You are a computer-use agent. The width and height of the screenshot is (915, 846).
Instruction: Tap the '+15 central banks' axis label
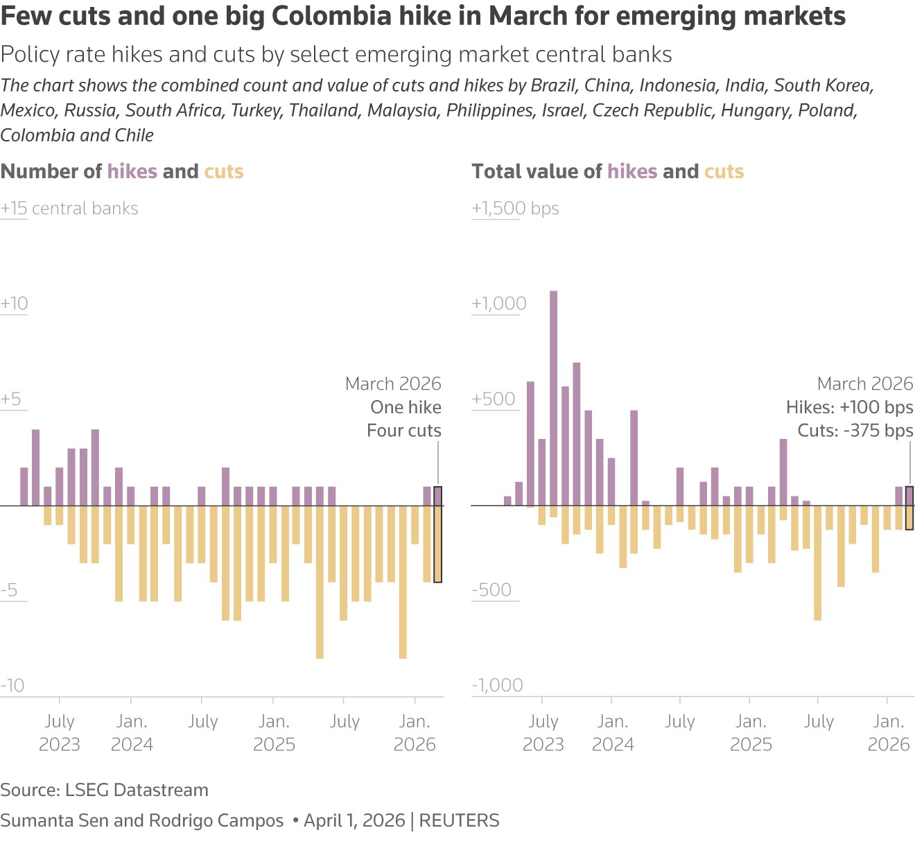tap(69, 209)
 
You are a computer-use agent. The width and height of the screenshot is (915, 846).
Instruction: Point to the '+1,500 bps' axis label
tap(515, 209)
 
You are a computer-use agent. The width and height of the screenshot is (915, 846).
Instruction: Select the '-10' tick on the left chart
tap(12, 685)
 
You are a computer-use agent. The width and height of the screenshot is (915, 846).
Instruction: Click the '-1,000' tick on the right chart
tap(497, 685)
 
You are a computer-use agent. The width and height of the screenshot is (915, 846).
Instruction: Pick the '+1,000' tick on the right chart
tap(499, 304)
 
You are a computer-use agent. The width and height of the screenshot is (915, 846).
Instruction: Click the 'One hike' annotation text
tap(406, 407)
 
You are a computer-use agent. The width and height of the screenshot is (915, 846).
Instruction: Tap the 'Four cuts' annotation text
tap(403, 431)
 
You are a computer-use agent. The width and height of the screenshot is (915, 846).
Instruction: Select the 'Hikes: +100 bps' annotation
tap(849, 407)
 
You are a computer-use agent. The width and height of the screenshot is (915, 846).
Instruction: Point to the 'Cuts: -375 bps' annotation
tap(855, 431)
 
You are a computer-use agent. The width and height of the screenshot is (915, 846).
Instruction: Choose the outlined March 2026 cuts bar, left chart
tap(437, 544)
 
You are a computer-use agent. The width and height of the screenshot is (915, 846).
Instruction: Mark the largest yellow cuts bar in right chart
tap(818, 562)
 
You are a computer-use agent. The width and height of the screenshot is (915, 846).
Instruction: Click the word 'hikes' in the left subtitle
tap(132, 171)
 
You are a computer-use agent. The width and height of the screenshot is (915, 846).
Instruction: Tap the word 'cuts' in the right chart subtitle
tap(724, 171)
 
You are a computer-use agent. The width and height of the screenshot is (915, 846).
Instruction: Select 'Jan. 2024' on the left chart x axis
tap(132, 733)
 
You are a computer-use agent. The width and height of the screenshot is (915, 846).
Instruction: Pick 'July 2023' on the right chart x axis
tap(543, 733)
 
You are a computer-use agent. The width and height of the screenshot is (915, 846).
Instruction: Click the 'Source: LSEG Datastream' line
tap(104, 790)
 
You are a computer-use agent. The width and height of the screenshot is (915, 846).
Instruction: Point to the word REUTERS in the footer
tap(459, 820)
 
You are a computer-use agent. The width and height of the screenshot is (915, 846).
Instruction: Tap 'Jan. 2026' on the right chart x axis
tap(889, 733)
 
